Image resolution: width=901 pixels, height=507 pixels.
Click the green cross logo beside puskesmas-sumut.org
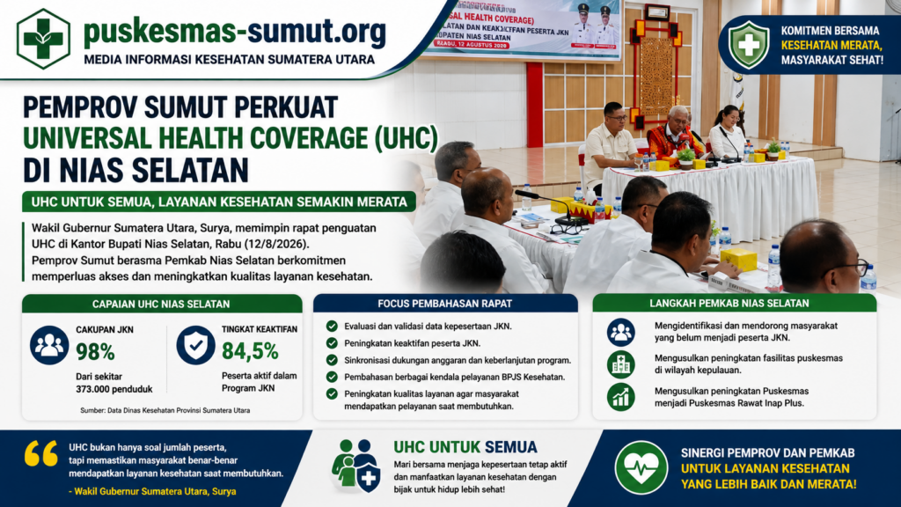coord(43,39)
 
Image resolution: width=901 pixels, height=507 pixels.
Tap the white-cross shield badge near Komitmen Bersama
coord(749,45)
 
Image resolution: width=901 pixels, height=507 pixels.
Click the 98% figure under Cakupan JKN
coord(95,352)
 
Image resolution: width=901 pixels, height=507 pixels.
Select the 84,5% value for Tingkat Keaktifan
coord(250,351)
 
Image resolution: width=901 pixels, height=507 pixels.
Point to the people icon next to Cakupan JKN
coord(49,345)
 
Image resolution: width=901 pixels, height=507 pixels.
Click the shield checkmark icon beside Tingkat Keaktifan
coord(196,345)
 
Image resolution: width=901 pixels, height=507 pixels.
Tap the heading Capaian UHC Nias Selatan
coord(161,304)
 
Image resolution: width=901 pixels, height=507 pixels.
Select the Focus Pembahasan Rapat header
coord(444,303)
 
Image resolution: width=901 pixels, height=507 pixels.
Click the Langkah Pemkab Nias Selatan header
coord(729,303)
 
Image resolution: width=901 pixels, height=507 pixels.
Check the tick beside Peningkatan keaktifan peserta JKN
coord(332,343)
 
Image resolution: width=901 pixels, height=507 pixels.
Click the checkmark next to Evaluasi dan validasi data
coord(332,326)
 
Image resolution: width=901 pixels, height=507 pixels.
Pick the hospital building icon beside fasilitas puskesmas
coord(620,364)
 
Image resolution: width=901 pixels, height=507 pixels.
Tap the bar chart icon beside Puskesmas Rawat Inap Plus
coord(620,397)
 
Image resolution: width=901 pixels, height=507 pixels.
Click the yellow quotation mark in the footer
coord(40,453)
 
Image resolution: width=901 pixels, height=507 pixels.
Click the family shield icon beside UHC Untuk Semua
coord(355,466)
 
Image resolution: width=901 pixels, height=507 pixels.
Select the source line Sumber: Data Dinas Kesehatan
coord(165,410)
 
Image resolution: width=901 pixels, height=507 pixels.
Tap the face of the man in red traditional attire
coord(678,119)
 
